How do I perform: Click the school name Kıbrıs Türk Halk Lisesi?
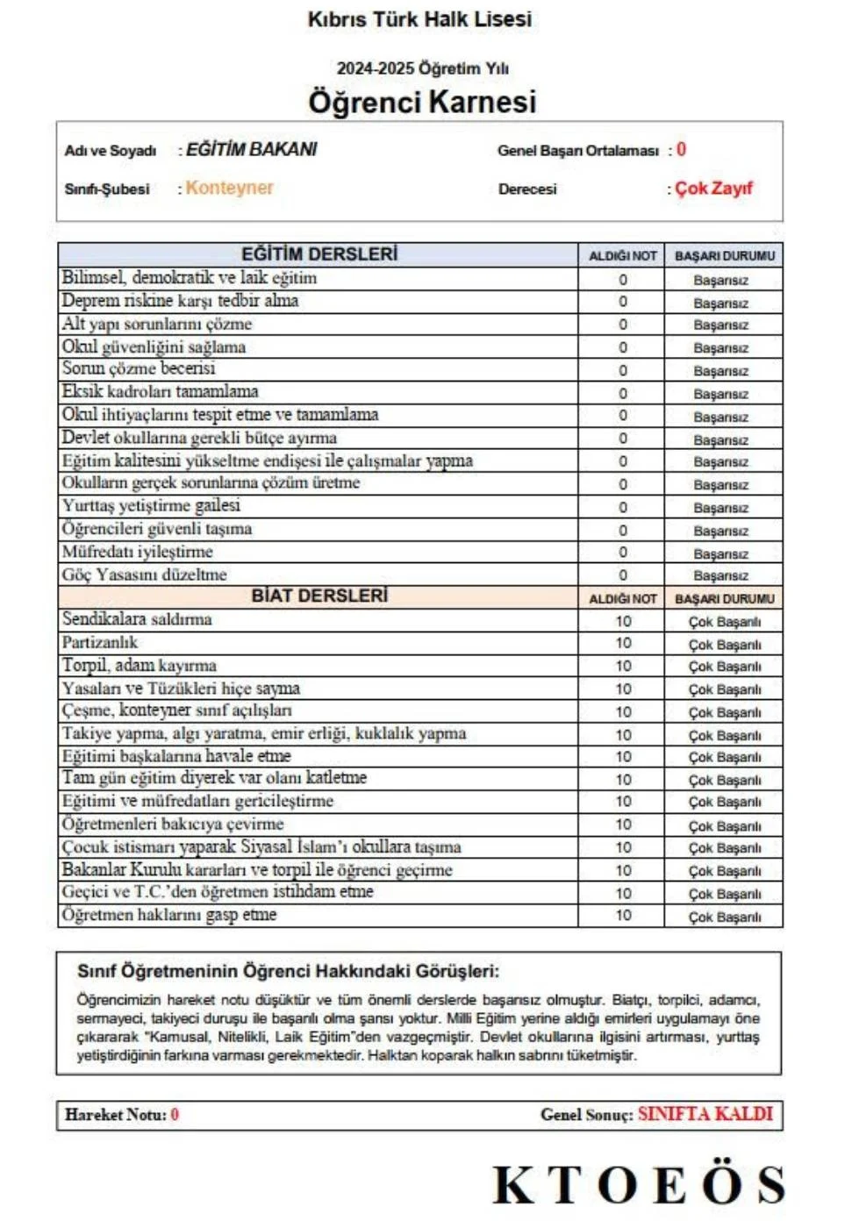click(419, 19)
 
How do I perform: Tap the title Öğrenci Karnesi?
click(422, 102)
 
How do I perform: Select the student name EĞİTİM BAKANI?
click(252, 150)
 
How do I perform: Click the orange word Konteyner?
click(229, 188)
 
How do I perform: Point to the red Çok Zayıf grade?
click(713, 189)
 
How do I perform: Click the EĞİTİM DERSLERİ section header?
click(319, 254)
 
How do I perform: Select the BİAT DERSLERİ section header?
click(319, 596)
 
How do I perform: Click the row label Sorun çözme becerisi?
click(139, 369)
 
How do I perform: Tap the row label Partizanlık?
click(100, 642)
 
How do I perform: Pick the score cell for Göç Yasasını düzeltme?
click(622, 575)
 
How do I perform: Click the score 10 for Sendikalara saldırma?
click(622, 621)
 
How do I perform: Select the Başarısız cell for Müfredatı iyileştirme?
click(721, 553)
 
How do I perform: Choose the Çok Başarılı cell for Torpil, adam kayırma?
click(725, 667)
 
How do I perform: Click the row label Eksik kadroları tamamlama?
click(160, 392)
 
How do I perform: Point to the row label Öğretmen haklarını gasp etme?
click(169, 915)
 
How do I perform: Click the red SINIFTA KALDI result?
click(705, 1114)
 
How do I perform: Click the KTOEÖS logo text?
click(639, 1185)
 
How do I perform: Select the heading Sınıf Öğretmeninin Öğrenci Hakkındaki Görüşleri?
click(288, 971)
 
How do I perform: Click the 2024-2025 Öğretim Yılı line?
click(422, 68)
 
